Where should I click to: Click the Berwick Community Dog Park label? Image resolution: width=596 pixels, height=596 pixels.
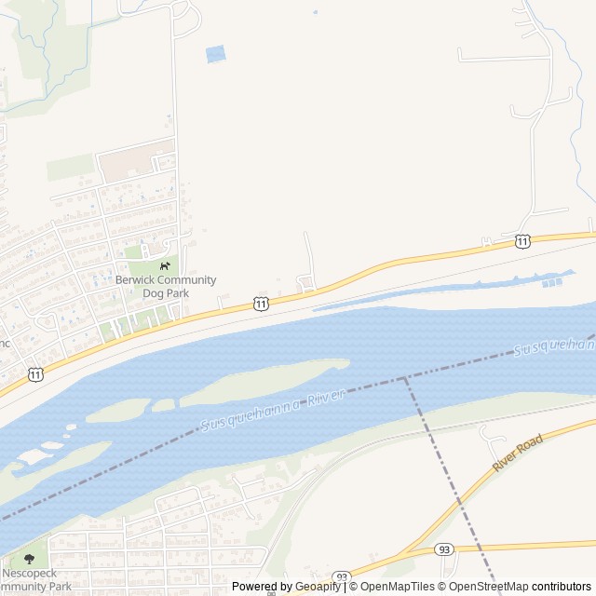pyautogui.click(x=166, y=286)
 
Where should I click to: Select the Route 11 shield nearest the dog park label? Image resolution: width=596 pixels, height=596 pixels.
pyautogui.click(x=262, y=305)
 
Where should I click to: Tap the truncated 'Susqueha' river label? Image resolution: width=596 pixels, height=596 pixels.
pyautogui.click(x=554, y=348)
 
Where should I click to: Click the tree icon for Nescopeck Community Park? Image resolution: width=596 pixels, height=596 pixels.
pyautogui.click(x=29, y=560)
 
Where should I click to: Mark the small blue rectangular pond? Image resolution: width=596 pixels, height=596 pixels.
pyautogui.click(x=215, y=54)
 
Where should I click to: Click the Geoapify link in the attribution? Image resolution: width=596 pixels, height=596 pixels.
pyautogui.click(x=318, y=587)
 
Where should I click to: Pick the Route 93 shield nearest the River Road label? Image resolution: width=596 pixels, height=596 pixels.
pyautogui.click(x=444, y=550)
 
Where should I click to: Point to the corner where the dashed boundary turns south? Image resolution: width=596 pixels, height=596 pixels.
pyautogui.click(x=404, y=378)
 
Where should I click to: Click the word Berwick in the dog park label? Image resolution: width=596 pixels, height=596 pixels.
pyautogui.click(x=135, y=279)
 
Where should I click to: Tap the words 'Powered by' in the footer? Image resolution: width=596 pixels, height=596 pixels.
pyautogui.click(x=262, y=587)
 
